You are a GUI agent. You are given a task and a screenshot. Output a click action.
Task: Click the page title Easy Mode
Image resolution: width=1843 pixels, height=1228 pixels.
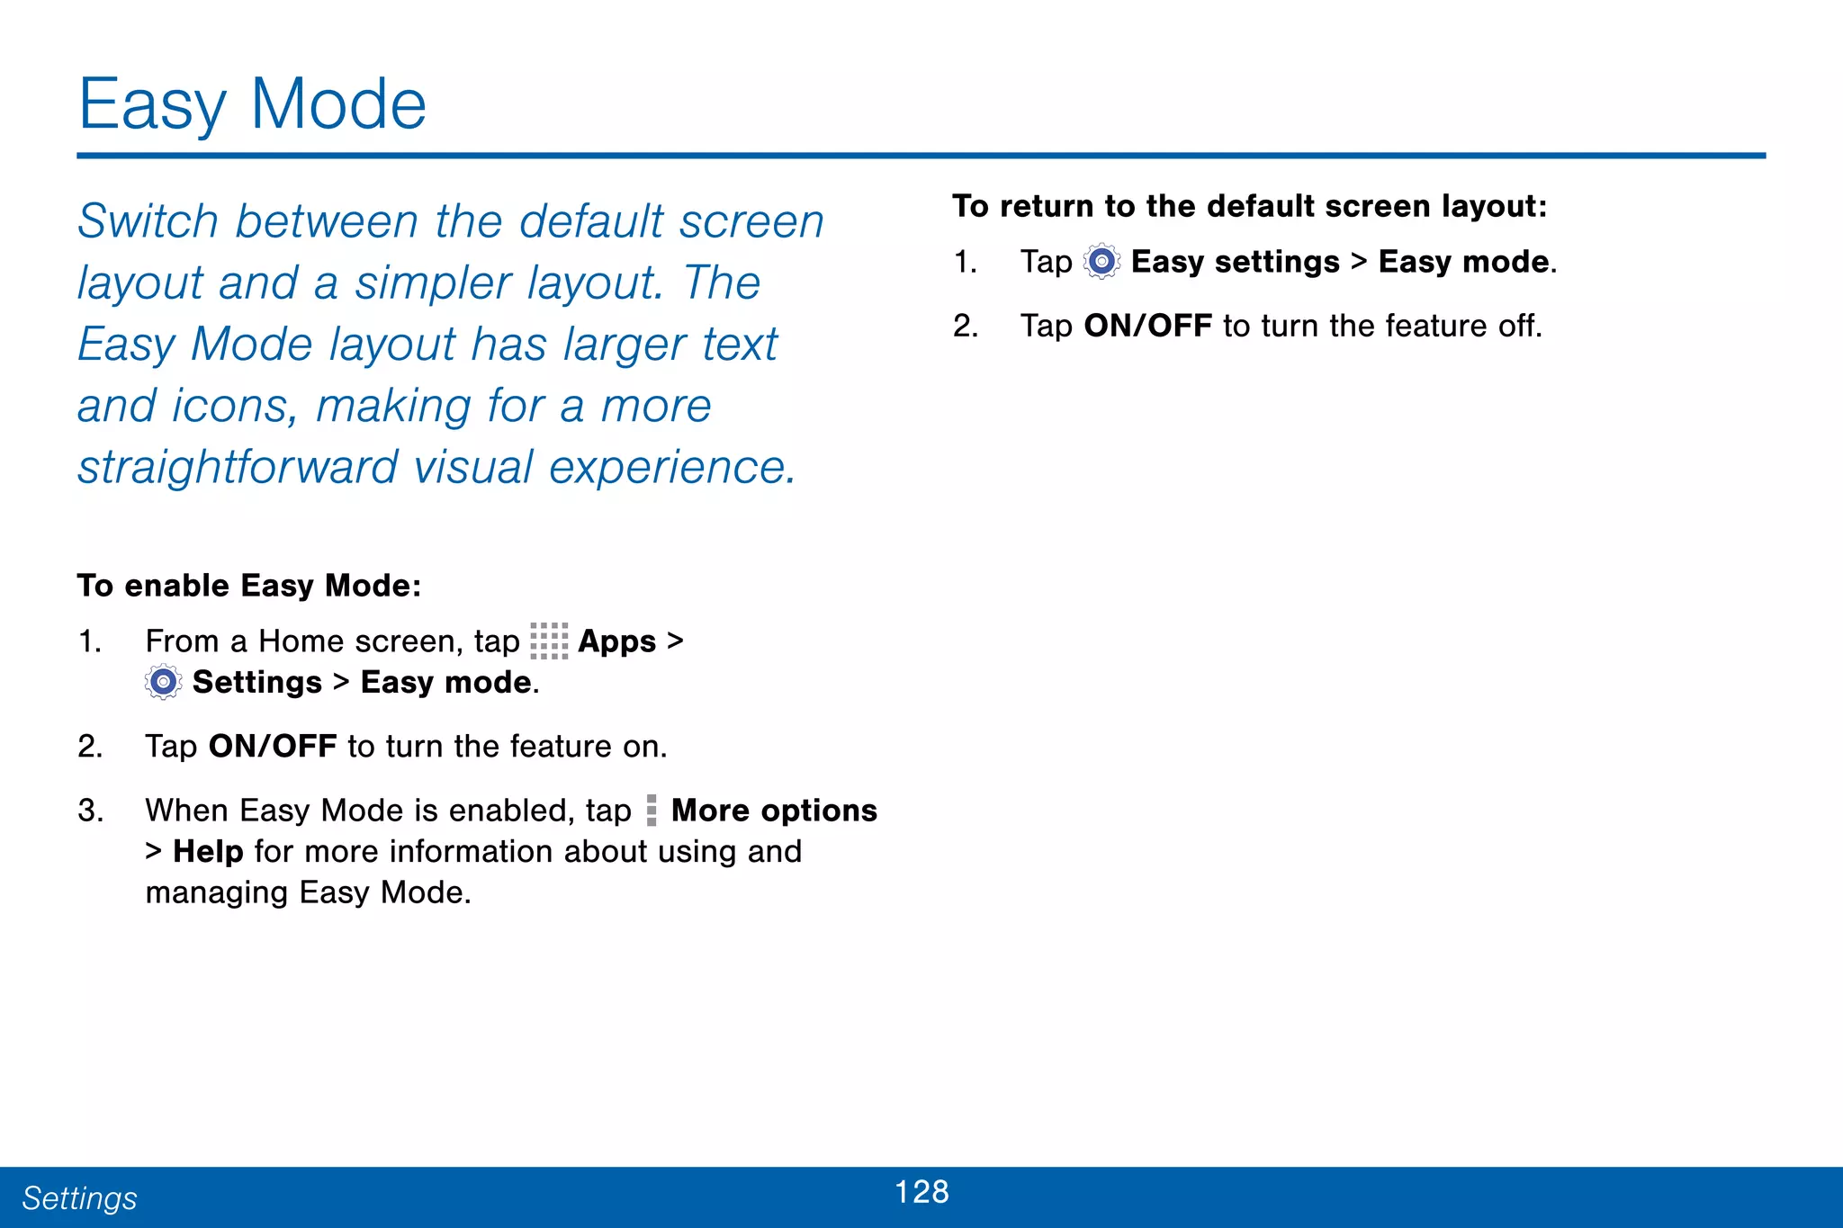click(x=252, y=105)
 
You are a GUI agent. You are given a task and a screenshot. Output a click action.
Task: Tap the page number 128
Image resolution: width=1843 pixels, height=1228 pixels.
click(x=921, y=1192)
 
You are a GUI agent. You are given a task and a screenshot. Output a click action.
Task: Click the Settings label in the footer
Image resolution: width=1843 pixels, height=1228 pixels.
click(x=79, y=1198)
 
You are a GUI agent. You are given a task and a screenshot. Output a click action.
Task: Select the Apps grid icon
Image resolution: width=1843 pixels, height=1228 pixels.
click(x=549, y=641)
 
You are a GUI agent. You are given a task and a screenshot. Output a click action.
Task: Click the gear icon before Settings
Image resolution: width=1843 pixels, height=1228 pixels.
click(x=163, y=683)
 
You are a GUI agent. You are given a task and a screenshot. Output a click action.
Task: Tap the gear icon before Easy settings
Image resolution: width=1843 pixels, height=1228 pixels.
click(x=1101, y=262)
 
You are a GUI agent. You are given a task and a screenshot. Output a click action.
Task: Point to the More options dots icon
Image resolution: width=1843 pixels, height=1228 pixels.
click(x=652, y=811)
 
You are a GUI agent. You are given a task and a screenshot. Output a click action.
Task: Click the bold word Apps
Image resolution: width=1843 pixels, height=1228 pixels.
click(x=616, y=641)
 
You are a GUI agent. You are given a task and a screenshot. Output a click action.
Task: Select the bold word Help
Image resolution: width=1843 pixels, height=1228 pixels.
click(x=208, y=851)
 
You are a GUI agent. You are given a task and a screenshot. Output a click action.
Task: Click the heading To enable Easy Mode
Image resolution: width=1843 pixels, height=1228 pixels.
click(x=249, y=586)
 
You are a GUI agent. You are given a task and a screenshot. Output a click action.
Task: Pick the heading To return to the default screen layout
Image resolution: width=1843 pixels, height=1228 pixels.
click(x=1249, y=206)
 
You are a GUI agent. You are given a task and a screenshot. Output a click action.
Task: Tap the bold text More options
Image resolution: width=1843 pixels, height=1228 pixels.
click(x=774, y=811)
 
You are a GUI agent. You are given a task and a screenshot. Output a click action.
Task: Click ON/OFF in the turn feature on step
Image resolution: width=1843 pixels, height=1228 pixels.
click(x=273, y=747)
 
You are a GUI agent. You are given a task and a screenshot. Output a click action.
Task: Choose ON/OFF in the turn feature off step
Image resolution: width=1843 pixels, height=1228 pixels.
click(x=1147, y=326)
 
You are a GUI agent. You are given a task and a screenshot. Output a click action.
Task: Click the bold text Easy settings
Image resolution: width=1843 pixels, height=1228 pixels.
click(x=1235, y=262)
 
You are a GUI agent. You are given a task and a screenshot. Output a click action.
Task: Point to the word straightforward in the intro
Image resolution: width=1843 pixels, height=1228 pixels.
click(x=238, y=468)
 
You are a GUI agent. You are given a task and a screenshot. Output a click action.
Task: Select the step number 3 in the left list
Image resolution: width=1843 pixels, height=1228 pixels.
click(x=90, y=811)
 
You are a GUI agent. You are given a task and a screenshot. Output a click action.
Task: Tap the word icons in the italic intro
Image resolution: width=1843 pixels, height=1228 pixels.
click(x=232, y=407)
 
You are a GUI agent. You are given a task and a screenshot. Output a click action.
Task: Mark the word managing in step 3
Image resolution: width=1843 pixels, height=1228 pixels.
click(x=217, y=892)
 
